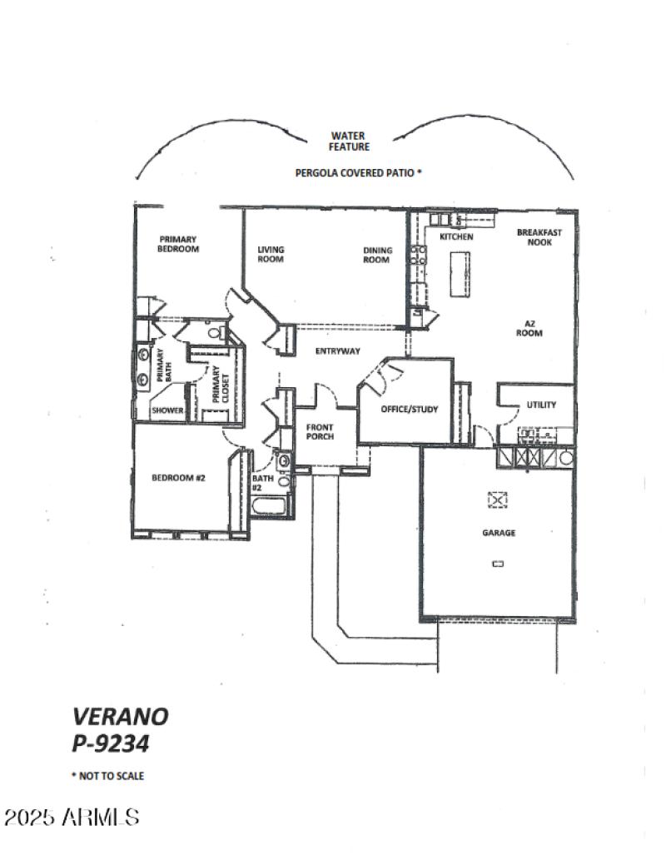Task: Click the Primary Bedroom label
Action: click(179, 244)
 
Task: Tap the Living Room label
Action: click(271, 254)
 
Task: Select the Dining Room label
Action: click(376, 254)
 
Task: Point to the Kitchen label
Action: click(456, 237)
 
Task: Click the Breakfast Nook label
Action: click(539, 237)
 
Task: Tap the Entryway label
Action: click(337, 351)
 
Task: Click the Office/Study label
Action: click(409, 409)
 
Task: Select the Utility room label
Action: click(540, 405)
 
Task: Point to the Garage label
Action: click(498, 533)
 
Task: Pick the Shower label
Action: click(167, 410)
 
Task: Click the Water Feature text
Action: click(349, 141)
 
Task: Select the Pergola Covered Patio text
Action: click(359, 173)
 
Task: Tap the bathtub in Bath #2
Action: click(270, 508)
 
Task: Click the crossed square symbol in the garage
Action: click(497, 500)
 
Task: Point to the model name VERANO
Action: click(120, 716)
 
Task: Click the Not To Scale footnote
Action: click(107, 776)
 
